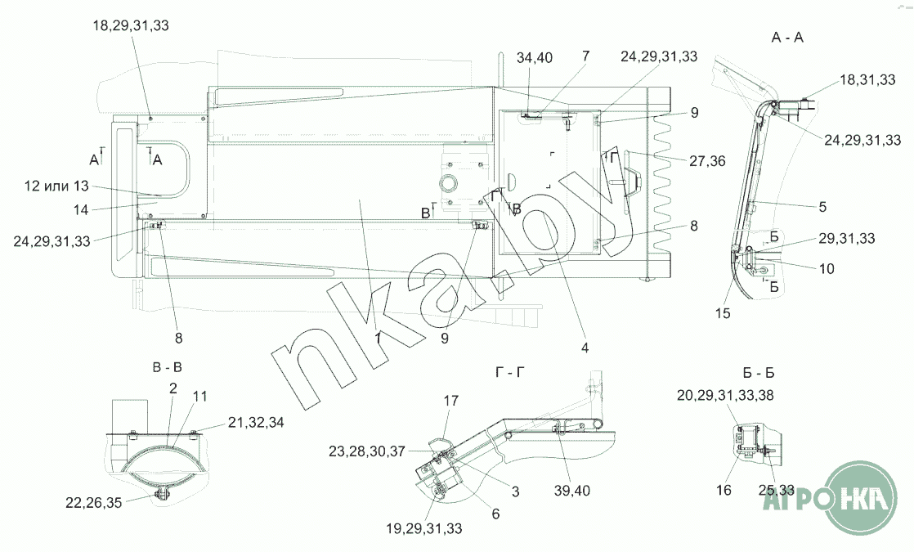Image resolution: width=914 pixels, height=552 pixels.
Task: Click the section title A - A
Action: coord(787,38)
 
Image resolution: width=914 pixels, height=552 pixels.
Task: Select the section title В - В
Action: coord(168,368)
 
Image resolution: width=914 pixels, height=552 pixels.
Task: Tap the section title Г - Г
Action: coord(509,372)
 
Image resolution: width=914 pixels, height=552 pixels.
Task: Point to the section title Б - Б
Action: coord(759,373)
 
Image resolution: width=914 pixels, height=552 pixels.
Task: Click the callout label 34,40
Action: coord(535,58)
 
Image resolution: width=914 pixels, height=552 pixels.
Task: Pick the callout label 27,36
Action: coord(707,161)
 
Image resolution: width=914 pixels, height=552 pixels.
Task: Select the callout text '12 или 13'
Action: coord(56,186)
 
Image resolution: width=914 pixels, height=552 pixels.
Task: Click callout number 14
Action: coord(81,210)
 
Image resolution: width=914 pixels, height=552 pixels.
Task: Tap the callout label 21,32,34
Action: coord(256,422)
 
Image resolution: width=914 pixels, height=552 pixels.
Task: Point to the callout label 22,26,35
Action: coord(94,502)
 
